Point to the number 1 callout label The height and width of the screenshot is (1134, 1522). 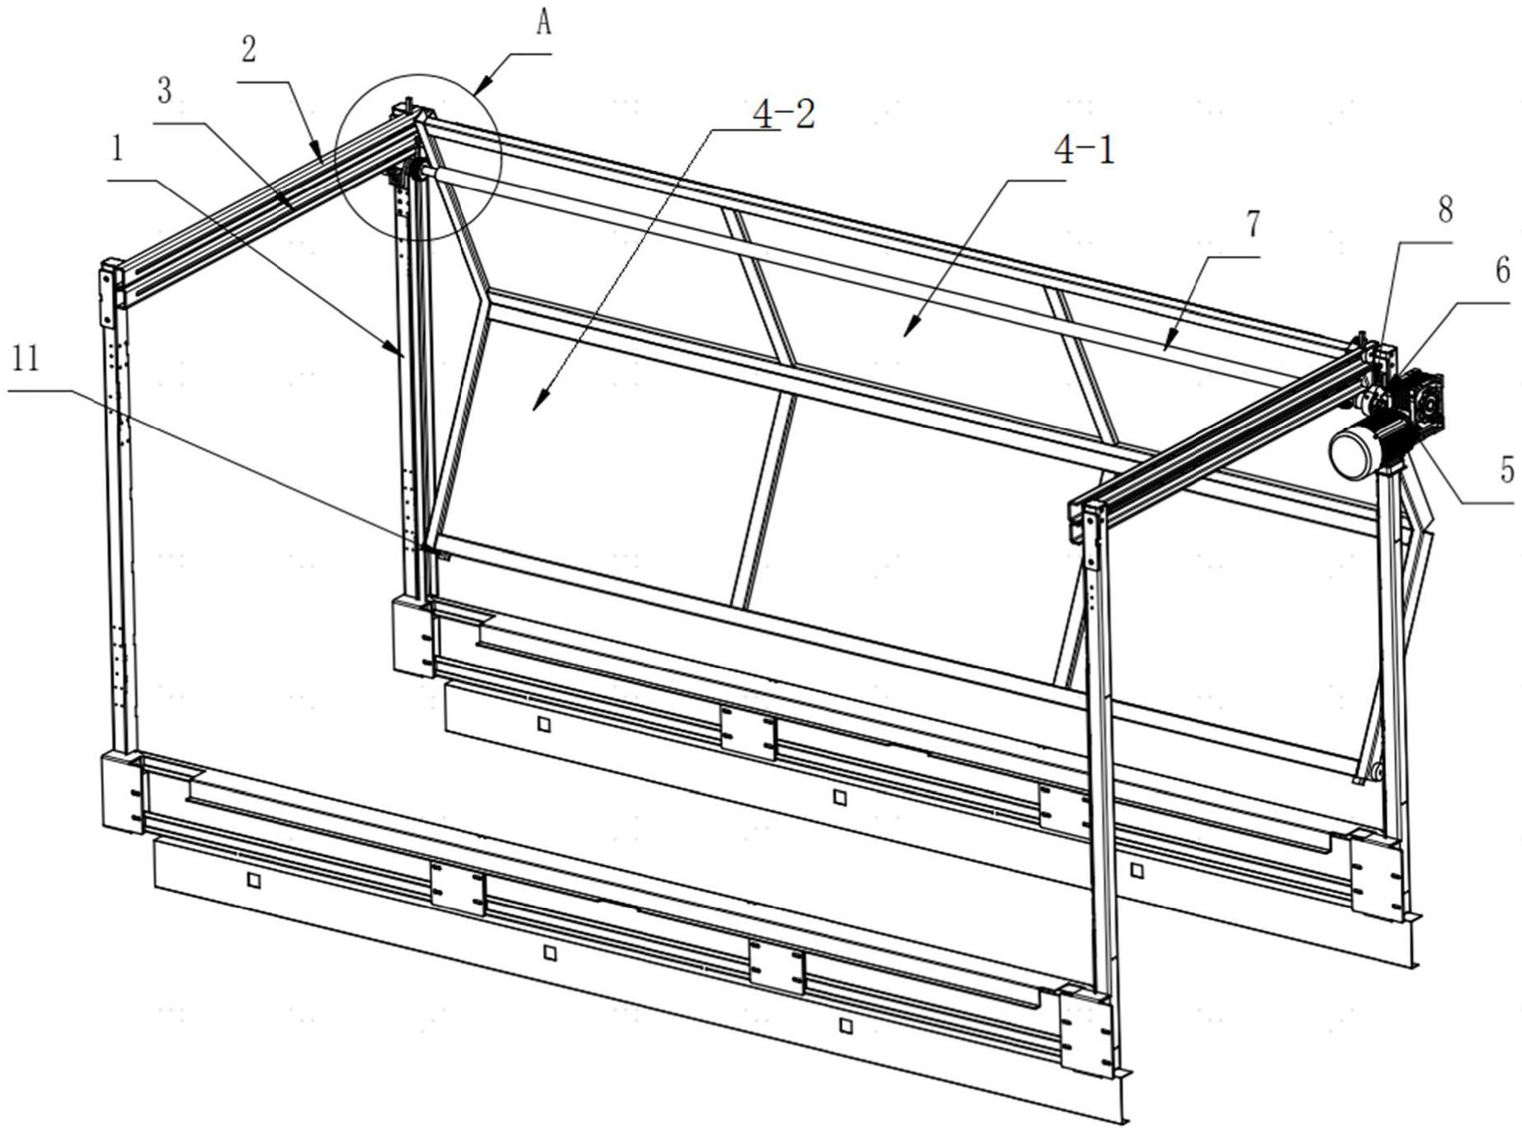(118, 149)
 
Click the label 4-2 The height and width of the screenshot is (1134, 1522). (783, 115)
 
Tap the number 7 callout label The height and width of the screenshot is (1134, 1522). (1252, 224)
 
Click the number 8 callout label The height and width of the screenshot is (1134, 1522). (1445, 210)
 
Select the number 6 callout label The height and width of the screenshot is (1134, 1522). (1502, 271)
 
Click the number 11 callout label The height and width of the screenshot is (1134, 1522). (26, 358)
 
